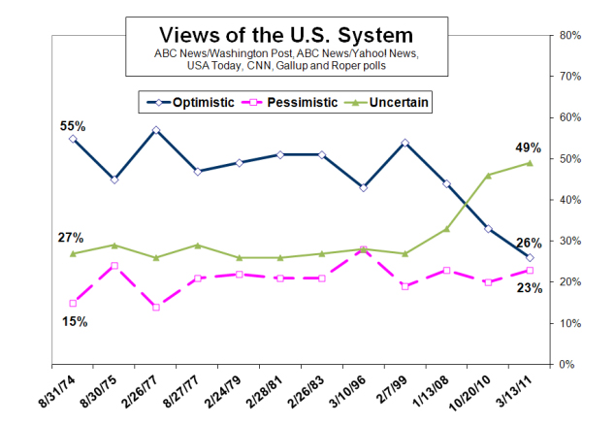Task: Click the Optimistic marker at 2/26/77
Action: point(156,130)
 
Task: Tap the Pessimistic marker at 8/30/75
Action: point(114,265)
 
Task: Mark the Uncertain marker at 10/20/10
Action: point(488,175)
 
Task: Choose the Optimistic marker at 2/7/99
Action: point(405,143)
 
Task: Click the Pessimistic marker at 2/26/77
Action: point(156,307)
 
